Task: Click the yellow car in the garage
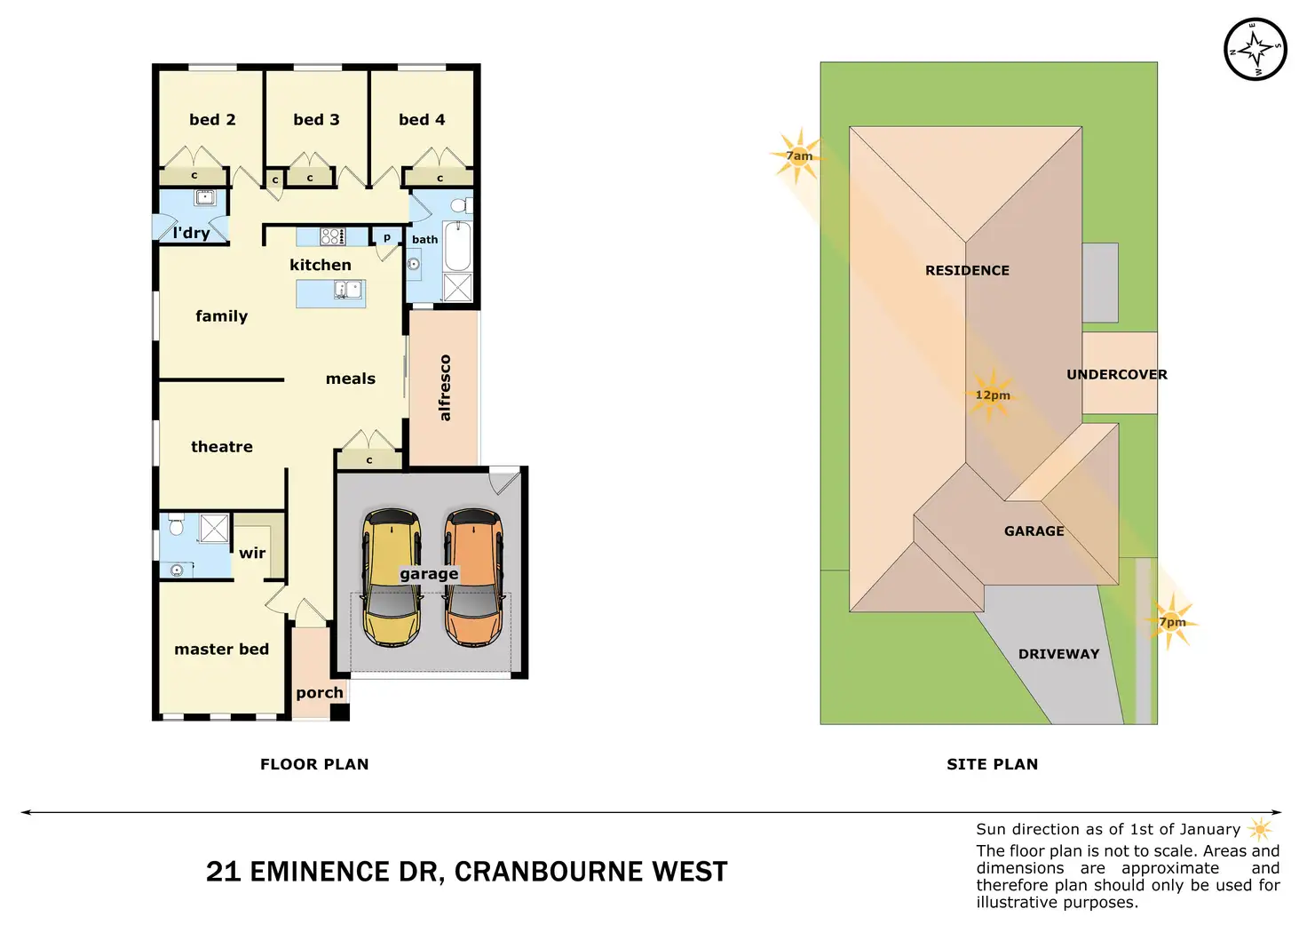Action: tap(392, 578)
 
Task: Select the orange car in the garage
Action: tap(473, 578)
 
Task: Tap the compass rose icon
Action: tap(1255, 49)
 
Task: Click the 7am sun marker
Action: tap(798, 156)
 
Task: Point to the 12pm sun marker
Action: tap(992, 395)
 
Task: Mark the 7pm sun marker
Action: tap(1172, 622)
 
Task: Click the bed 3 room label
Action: tap(316, 120)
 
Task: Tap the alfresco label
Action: tap(445, 387)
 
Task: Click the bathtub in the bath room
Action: tap(456, 246)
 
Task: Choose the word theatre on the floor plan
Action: tap(222, 447)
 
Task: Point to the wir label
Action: tap(252, 553)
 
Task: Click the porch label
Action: tap(320, 693)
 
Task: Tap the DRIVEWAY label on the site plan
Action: tap(1058, 654)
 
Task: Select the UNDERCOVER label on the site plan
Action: tap(1116, 375)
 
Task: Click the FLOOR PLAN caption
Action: tap(314, 764)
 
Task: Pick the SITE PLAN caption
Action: tap(992, 764)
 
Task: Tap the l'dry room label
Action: tap(191, 233)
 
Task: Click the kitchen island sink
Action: tap(347, 290)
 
